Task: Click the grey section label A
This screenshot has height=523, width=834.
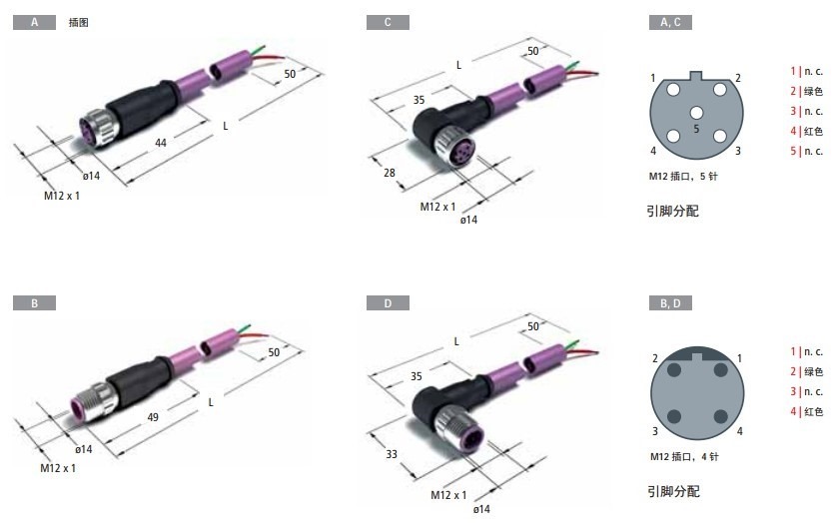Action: tap(35, 22)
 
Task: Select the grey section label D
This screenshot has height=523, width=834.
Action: tap(388, 303)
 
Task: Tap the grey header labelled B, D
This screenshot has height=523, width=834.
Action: tap(670, 303)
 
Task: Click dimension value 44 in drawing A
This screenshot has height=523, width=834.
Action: tap(161, 143)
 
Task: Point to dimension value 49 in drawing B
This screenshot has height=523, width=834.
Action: tap(153, 417)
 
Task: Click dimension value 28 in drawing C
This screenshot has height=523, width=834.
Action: tap(390, 173)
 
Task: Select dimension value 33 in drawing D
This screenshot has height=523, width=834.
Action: tap(392, 454)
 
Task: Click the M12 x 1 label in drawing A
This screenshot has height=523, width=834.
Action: tap(62, 196)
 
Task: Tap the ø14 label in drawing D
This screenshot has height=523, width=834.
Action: tap(481, 509)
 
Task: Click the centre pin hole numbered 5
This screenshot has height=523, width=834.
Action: tap(697, 113)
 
